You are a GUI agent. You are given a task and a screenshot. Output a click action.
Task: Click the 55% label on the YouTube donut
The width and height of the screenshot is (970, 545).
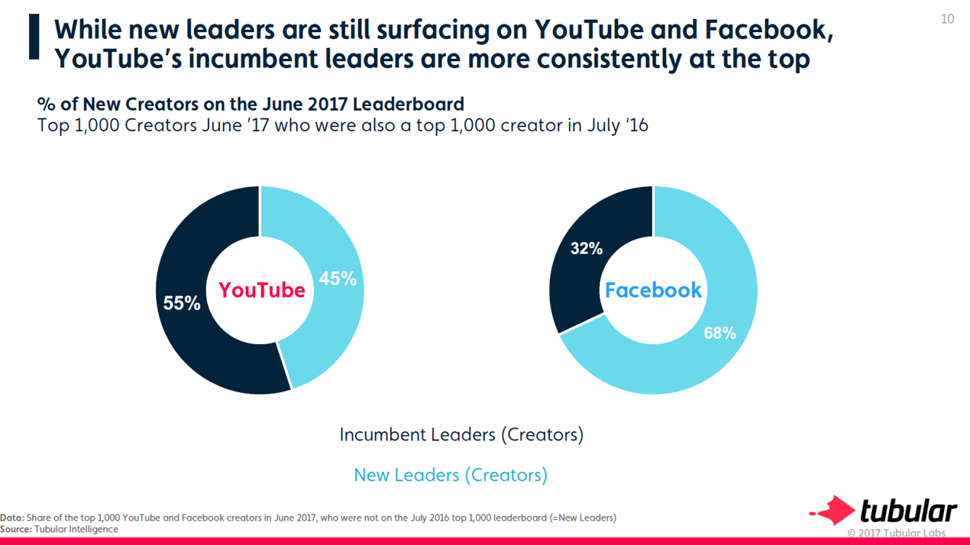[x=182, y=303]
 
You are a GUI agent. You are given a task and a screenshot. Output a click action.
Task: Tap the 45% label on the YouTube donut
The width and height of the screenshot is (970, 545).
[x=338, y=279]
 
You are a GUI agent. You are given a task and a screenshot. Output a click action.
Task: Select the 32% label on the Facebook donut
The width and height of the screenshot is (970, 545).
[x=587, y=248]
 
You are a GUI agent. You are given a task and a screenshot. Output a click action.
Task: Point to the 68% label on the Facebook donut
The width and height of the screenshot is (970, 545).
[x=719, y=333]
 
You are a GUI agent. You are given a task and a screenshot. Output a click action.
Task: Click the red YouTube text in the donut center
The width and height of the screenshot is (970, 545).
[x=261, y=290]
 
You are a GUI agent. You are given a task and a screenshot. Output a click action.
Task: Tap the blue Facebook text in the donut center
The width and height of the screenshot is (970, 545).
[x=653, y=290]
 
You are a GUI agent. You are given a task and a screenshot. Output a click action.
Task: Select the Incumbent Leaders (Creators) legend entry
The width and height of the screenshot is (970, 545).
[x=461, y=434]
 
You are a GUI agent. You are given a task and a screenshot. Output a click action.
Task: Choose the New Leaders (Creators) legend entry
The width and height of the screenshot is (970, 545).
[x=451, y=475]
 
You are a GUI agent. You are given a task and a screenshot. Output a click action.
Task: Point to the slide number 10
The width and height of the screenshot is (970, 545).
[x=947, y=19]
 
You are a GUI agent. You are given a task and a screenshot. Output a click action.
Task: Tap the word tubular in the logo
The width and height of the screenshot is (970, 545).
[x=908, y=511]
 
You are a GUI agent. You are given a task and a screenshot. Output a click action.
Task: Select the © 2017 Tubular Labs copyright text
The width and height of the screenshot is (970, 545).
[x=896, y=533]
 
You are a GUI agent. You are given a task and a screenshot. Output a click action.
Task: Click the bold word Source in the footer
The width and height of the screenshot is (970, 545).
[x=15, y=529]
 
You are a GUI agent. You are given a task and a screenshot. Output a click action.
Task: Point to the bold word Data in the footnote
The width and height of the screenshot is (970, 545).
[x=11, y=518]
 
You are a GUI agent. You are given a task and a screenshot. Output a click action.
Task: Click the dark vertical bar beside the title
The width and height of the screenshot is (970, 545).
[x=34, y=36]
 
